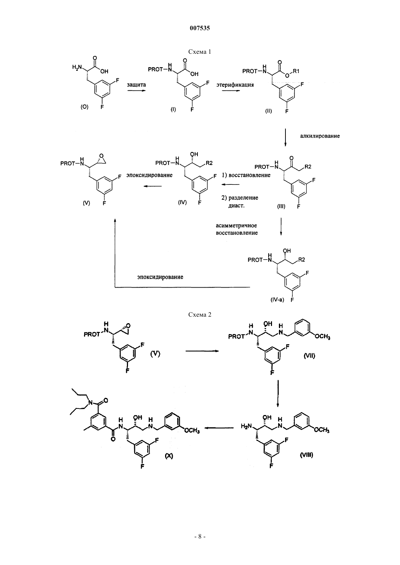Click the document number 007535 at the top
200,28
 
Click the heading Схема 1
200,52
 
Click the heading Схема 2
200,314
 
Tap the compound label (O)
84,107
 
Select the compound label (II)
268,111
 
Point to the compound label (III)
281,206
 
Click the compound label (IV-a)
277,300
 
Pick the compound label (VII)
309,356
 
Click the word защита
136,85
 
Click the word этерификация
235,85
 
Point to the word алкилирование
320,136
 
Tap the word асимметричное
236,225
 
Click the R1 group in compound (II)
296,71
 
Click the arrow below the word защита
136,90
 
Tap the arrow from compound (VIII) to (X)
219,427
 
